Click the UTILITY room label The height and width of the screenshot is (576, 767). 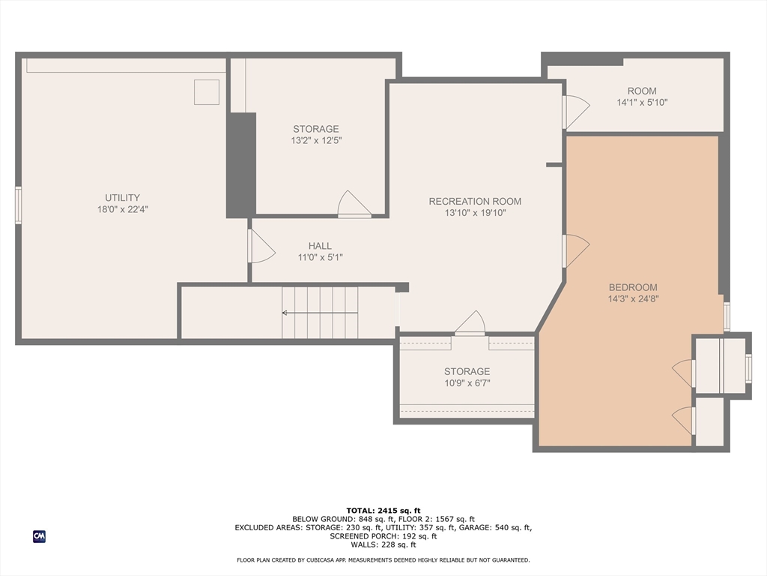pos(122,198)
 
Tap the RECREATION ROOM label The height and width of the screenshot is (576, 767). pos(475,201)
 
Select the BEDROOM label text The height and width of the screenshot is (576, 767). pos(633,287)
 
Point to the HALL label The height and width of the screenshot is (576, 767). pos(320,246)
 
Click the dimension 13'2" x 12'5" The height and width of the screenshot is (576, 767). pos(316,140)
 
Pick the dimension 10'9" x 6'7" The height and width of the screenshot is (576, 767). pos(467,383)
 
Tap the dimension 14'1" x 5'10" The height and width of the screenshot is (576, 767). pos(642,102)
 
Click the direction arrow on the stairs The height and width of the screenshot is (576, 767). pos(320,313)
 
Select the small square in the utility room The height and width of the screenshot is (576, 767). pos(207,92)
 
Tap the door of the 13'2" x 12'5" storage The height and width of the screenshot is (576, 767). pos(354,204)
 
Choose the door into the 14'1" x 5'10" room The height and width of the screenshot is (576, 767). pos(576,112)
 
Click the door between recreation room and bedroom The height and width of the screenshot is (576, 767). pos(575,250)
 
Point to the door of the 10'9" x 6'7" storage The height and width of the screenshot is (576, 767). pos(470,323)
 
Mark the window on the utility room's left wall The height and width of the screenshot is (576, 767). pos(18,205)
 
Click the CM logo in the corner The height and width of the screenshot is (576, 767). pos(39,536)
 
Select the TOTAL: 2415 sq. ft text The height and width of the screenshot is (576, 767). pos(383,510)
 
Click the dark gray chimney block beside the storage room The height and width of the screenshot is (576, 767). pos(241,165)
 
